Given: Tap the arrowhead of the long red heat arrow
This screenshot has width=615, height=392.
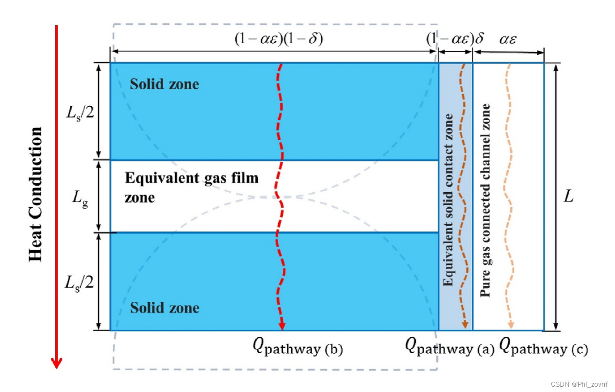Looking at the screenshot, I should (57, 362).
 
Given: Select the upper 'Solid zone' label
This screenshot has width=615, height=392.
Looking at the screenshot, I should (164, 84).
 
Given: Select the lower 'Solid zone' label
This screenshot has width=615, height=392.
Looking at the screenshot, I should (164, 308).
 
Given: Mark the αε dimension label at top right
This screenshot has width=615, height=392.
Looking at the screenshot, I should (508, 39).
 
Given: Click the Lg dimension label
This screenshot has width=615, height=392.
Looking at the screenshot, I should (81, 197).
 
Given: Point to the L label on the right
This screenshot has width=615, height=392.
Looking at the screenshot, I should (568, 197).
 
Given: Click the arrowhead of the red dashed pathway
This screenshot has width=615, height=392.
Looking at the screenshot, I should (282, 326).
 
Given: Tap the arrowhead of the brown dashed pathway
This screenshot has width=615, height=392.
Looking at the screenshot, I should (465, 325).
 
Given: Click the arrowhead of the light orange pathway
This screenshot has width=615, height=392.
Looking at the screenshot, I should (510, 325).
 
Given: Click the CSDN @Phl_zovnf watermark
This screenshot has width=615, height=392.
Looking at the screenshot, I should (578, 384).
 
